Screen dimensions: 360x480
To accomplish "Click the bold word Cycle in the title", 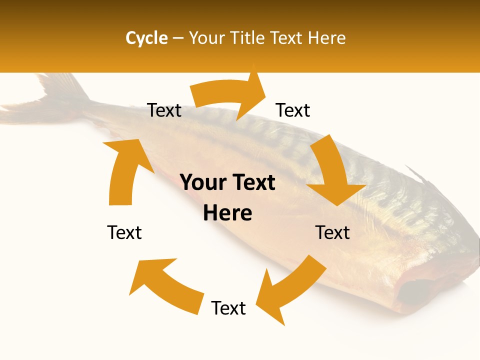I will tap(146, 38).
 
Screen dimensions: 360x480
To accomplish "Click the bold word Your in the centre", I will tap(202, 183).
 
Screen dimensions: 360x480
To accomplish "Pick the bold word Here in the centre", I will tap(227, 213).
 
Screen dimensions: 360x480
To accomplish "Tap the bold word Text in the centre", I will tap(253, 183).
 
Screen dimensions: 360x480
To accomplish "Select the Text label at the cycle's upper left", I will tap(164, 110).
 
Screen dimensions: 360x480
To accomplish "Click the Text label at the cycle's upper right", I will tap(293, 110).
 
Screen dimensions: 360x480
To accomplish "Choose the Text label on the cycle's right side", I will tap(332, 232).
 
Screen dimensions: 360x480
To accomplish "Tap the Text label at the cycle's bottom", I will tap(228, 308).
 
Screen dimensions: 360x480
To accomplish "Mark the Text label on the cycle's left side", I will tap(124, 232).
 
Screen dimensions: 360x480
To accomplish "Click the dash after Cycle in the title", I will tap(178, 38).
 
